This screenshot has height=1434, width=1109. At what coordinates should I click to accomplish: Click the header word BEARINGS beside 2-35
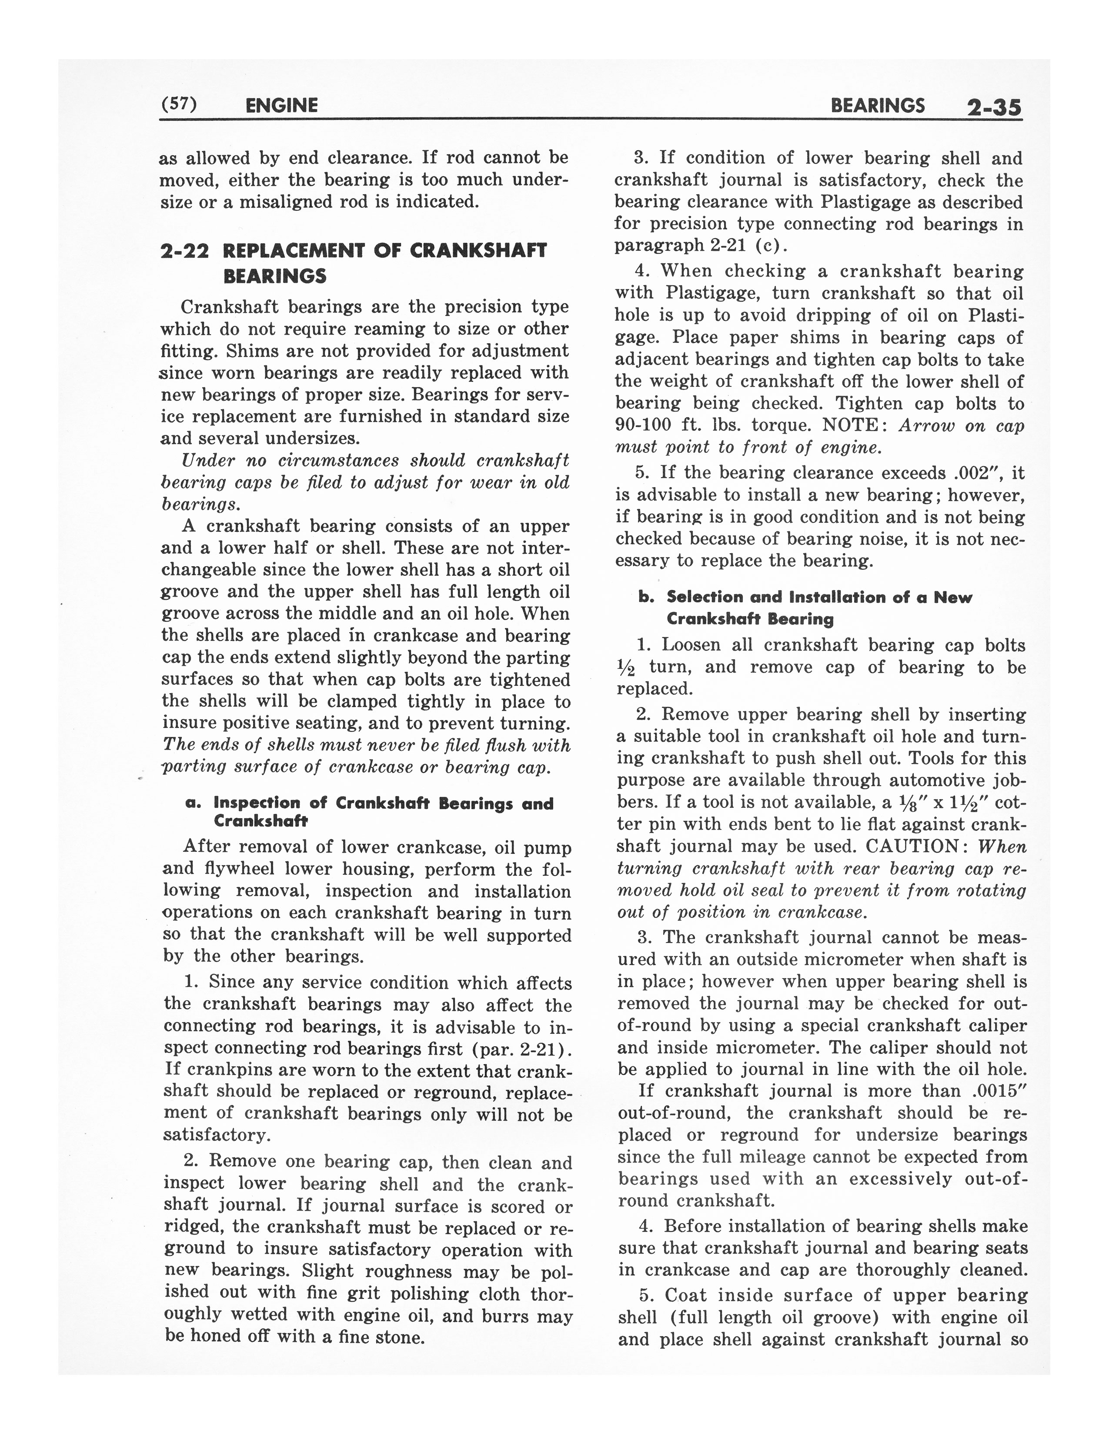tap(878, 106)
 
